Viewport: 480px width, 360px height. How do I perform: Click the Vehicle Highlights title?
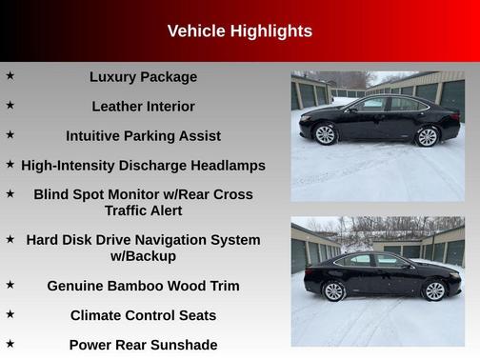239,31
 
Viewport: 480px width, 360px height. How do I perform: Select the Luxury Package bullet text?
143,77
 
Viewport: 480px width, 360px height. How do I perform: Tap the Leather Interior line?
143,107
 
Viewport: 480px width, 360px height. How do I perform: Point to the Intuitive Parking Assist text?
143,136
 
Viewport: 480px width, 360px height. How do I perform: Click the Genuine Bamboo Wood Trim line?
143,286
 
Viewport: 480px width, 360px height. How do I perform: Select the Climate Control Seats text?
143,315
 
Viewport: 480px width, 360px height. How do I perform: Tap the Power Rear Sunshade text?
143,345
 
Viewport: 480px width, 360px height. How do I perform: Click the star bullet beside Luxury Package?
10,75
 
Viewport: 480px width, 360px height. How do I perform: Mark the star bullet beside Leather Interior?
10,105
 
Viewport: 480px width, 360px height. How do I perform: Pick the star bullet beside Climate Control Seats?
10,313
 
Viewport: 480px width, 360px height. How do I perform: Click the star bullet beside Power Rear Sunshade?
10,343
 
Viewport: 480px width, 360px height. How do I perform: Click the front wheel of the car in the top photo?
326,135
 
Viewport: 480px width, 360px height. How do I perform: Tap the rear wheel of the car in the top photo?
428,136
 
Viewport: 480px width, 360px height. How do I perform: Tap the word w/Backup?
143,256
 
